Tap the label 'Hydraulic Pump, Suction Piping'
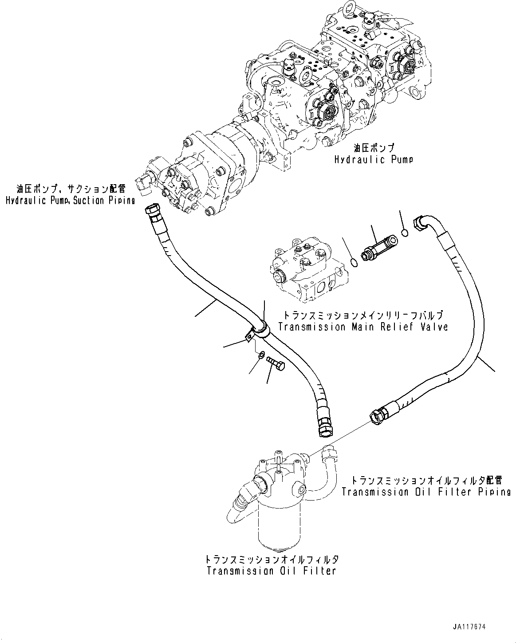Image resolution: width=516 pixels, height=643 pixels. pyautogui.click(x=70, y=201)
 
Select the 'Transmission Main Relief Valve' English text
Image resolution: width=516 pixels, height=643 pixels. pyautogui.click(x=362, y=327)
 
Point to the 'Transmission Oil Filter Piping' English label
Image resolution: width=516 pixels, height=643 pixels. pyautogui.click(x=426, y=492)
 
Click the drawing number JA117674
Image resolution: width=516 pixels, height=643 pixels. pyautogui.click(x=470, y=627)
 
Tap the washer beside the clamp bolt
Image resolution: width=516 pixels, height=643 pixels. pyautogui.click(x=261, y=355)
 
